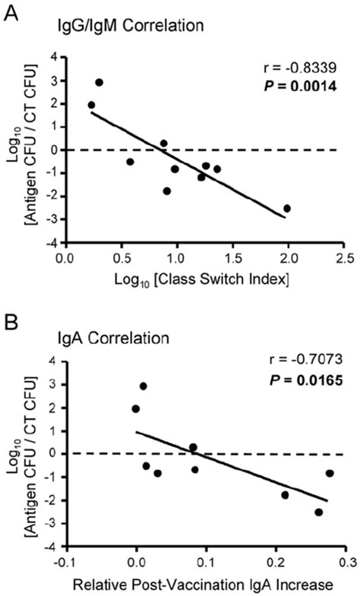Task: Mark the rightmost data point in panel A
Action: tap(287, 208)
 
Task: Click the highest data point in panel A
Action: tap(99, 82)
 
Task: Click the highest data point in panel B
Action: tap(143, 386)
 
